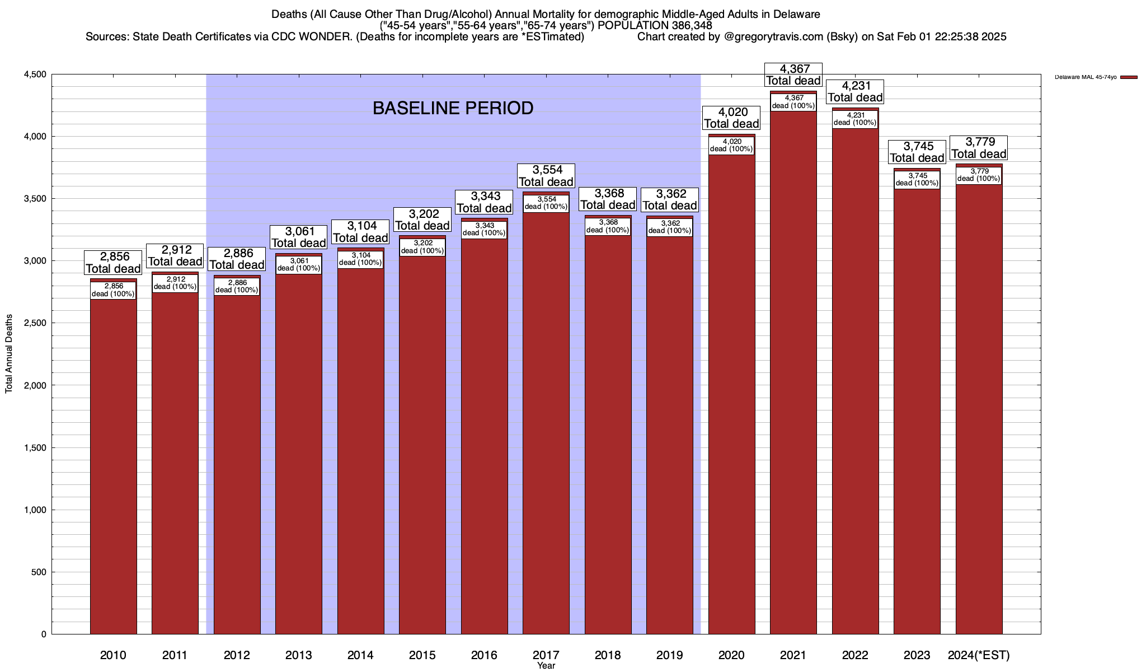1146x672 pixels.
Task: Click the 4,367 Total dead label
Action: tap(793, 74)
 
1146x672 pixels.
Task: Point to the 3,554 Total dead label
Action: tap(546, 176)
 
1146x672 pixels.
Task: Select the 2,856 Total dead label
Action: tap(113, 263)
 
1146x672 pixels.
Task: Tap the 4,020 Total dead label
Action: tap(731, 118)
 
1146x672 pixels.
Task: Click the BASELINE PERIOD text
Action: tap(453, 108)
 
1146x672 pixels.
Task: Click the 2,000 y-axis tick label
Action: tap(35, 385)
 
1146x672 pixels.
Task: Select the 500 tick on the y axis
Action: tap(39, 572)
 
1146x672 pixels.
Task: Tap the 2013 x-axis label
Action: tap(298, 655)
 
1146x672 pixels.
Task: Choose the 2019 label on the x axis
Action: tap(669, 655)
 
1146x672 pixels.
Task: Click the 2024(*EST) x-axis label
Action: tap(979, 655)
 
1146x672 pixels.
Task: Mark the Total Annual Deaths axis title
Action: tap(9, 353)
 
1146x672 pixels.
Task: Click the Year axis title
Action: tap(546, 666)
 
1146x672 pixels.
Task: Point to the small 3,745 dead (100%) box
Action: tap(917, 180)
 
